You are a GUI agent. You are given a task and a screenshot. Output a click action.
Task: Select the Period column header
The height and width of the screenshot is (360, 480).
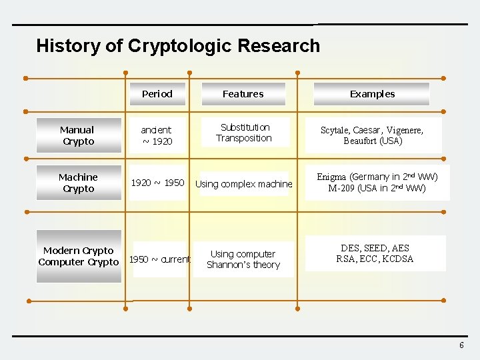coord(157,94)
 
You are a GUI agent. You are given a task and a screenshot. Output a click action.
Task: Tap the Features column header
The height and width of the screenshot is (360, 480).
coord(243,94)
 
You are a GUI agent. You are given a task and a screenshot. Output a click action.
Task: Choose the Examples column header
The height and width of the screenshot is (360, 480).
coord(372,94)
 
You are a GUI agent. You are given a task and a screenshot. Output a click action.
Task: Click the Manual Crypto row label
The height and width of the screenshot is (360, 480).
coord(77,135)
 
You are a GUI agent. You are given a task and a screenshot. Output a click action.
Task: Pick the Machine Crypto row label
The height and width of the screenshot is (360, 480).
coord(78,183)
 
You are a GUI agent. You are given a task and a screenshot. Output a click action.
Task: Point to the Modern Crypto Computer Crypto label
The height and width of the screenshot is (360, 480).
coord(79,256)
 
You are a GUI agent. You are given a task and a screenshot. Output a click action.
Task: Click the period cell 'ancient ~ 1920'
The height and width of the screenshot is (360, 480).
coord(157,135)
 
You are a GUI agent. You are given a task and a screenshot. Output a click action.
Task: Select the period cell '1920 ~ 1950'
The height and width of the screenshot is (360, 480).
coord(157,182)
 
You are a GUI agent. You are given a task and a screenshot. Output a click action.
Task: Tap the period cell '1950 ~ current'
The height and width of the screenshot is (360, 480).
coord(159,259)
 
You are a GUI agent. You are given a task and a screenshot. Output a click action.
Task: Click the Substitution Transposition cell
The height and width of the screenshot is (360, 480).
coord(244,133)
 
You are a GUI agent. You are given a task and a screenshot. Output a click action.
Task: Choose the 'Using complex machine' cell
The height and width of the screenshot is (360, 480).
coord(244,184)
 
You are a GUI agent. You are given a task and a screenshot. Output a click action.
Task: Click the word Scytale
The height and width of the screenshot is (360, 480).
coord(335,130)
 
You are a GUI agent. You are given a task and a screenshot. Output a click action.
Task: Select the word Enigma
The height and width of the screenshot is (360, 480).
coord(331,177)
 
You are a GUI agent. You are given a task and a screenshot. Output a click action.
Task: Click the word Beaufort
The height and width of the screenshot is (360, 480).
coord(361,141)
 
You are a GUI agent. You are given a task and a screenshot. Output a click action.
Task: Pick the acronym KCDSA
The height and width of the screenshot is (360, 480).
coord(398,259)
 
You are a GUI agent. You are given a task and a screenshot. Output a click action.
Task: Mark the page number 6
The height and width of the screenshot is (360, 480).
coord(461,345)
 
